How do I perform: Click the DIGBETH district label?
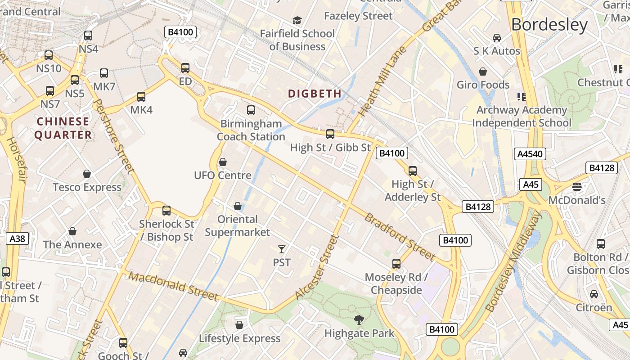pyautogui.click(x=315, y=94)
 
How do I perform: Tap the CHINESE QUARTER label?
pyautogui.click(x=63, y=128)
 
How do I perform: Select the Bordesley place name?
pyautogui.click(x=549, y=25)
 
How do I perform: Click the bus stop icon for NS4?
pyautogui.click(x=88, y=35)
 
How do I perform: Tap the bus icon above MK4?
pyautogui.click(x=141, y=96)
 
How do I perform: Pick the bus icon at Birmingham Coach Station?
pyautogui.click(x=251, y=110)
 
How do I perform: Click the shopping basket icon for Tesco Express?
pyautogui.click(x=87, y=174)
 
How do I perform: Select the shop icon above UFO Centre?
pyautogui.click(x=222, y=162)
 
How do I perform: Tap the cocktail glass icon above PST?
pyautogui.click(x=282, y=249)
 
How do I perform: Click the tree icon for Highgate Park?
pyautogui.click(x=359, y=320)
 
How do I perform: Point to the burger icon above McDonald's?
pyautogui.click(x=577, y=186)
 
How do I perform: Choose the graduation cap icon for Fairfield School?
pyautogui.click(x=297, y=20)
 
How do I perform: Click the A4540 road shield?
pyautogui.click(x=530, y=154)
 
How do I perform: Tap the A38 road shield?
pyautogui.click(x=18, y=238)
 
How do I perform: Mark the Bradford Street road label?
pyautogui.click(x=400, y=237)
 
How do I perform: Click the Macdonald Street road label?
pyautogui.click(x=174, y=286)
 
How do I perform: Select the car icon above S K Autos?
pyautogui.click(x=497, y=38)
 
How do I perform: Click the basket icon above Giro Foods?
pyautogui.click(x=483, y=72)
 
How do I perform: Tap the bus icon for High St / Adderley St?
pyautogui.click(x=412, y=171)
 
